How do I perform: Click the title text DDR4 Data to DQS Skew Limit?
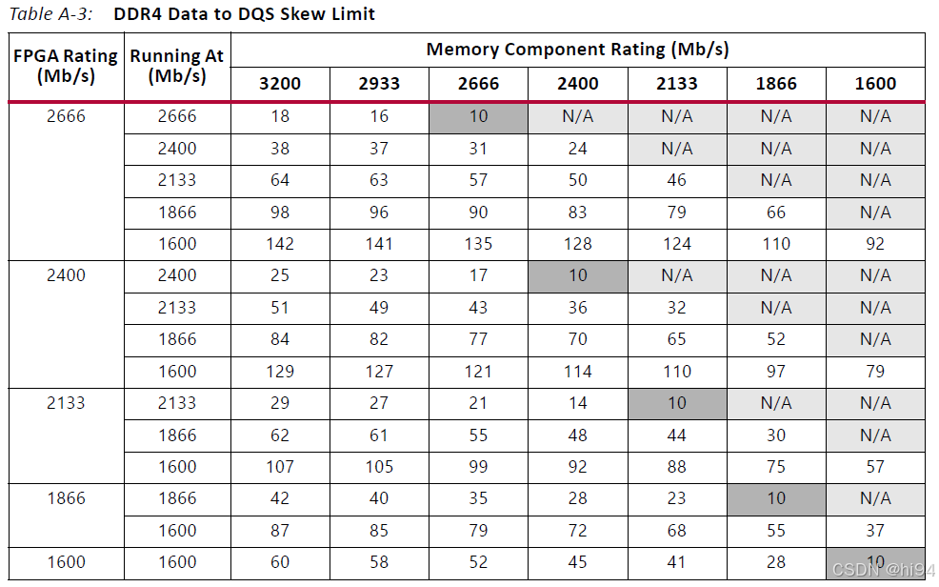click(244, 13)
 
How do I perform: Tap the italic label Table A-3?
click(52, 13)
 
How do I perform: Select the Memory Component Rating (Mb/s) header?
click(577, 50)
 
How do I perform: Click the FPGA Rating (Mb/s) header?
click(66, 66)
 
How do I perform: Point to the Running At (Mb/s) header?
click(177, 66)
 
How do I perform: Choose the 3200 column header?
click(280, 84)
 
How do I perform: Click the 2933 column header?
click(379, 84)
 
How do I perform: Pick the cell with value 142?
click(280, 244)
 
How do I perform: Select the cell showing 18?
click(280, 116)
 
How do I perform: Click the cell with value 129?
click(280, 372)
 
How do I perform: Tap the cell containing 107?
click(280, 467)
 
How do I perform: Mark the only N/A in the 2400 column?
click(577, 116)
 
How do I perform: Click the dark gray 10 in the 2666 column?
click(478, 116)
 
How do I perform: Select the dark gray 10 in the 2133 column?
click(676, 403)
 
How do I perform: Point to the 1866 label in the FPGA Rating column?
click(66, 498)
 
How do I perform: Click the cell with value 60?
click(280, 562)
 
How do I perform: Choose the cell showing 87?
click(280, 531)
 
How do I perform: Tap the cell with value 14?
click(577, 403)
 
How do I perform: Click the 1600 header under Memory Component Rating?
click(874, 84)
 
